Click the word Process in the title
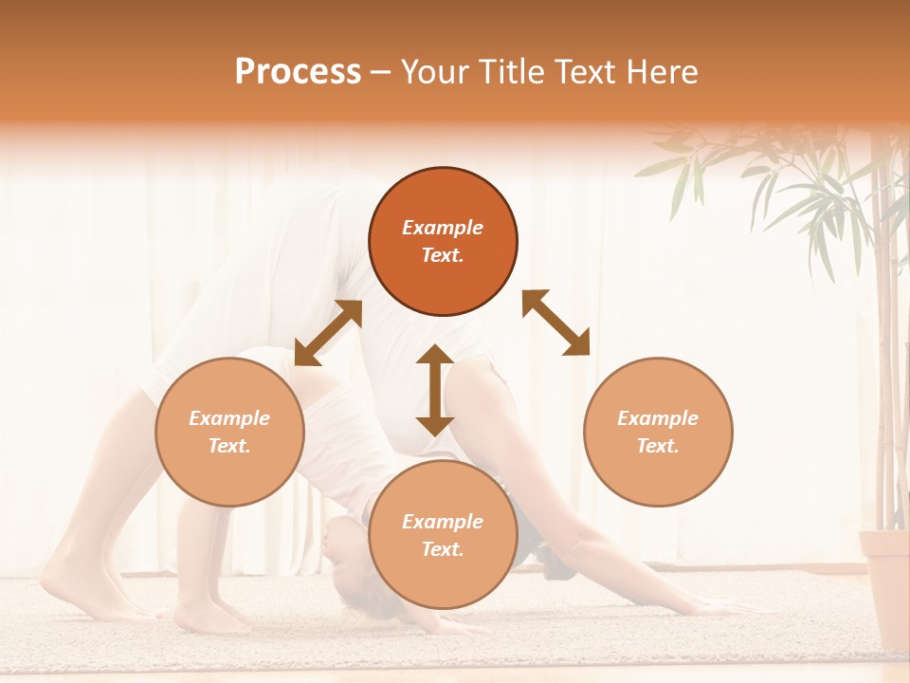point(298,72)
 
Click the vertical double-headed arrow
point(435,390)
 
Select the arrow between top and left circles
point(328,333)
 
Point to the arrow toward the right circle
point(556,323)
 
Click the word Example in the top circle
point(443,228)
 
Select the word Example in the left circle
point(229,418)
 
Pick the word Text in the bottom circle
point(441,549)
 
